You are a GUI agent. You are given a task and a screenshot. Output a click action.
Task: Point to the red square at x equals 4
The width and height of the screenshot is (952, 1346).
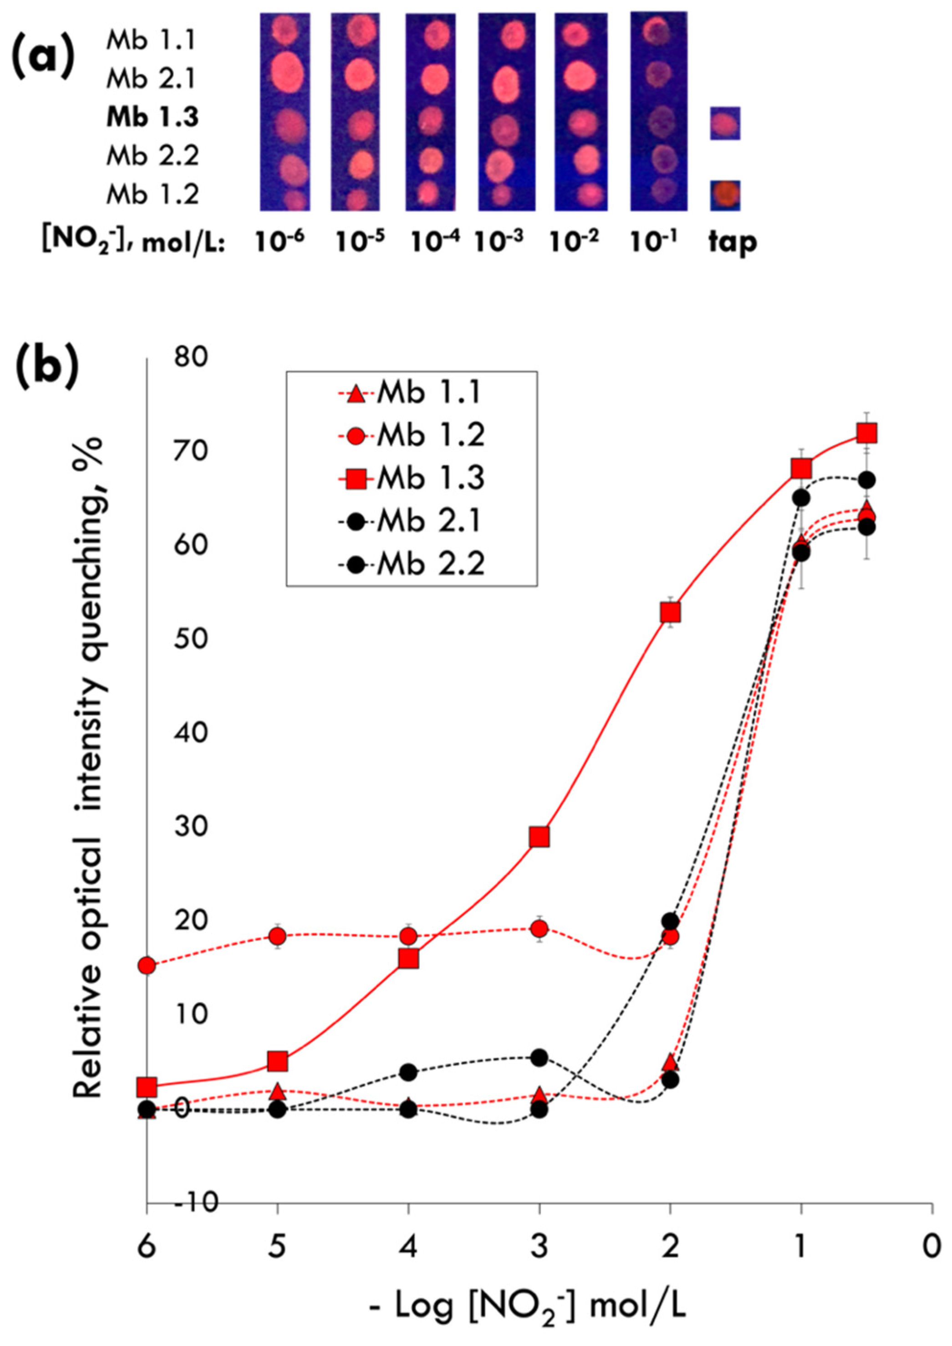tap(408, 958)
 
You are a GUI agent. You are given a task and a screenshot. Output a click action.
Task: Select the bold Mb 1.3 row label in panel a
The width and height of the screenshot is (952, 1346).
tap(153, 118)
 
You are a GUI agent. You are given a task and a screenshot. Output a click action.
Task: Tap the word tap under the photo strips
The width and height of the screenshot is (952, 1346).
tap(732, 241)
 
